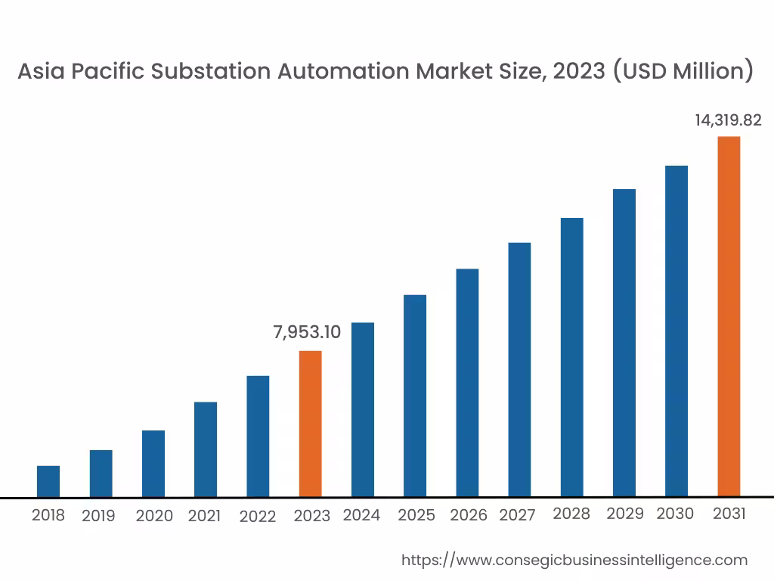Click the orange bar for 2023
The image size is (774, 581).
pyautogui.click(x=310, y=424)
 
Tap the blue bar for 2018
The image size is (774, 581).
pyautogui.click(x=48, y=481)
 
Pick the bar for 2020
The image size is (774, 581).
pyautogui.click(x=153, y=464)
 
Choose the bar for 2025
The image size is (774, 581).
pyautogui.click(x=415, y=396)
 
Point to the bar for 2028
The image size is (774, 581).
pyautogui.click(x=572, y=357)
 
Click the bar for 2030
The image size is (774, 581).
pyautogui.click(x=676, y=331)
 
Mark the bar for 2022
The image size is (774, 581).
pyautogui.click(x=258, y=437)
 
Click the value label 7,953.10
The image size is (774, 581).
pyautogui.click(x=307, y=332)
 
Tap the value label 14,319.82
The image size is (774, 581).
pyautogui.click(x=728, y=120)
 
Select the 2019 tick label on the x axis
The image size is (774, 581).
pyautogui.click(x=98, y=516)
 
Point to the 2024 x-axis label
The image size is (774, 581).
pyautogui.click(x=361, y=515)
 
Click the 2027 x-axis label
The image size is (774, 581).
pyautogui.click(x=517, y=515)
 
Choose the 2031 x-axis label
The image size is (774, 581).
pyautogui.click(x=729, y=514)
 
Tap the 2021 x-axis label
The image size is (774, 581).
pyautogui.click(x=204, y=516)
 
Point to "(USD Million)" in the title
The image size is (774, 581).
pyautogui.click(x=683, y=71)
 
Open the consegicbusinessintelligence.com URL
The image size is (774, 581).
pyautogui.click(x=574, y=560)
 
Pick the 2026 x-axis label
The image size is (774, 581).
pyautogui.click(x=469, y=515)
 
